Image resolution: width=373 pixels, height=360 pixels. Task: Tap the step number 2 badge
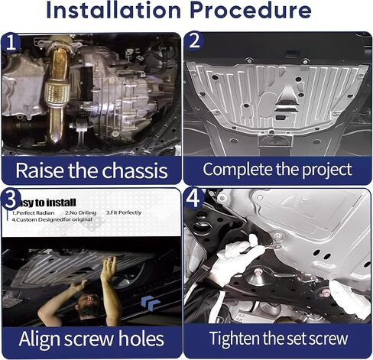[x=195, y=43]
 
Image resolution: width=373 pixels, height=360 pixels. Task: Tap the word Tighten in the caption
[x=238, y=338]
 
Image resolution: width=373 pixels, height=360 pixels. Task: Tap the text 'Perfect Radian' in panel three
[x=31, y=213]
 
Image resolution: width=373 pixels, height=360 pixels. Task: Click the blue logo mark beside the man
[x=151, y=303]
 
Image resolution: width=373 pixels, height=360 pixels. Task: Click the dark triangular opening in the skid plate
[x=284, y=98]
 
